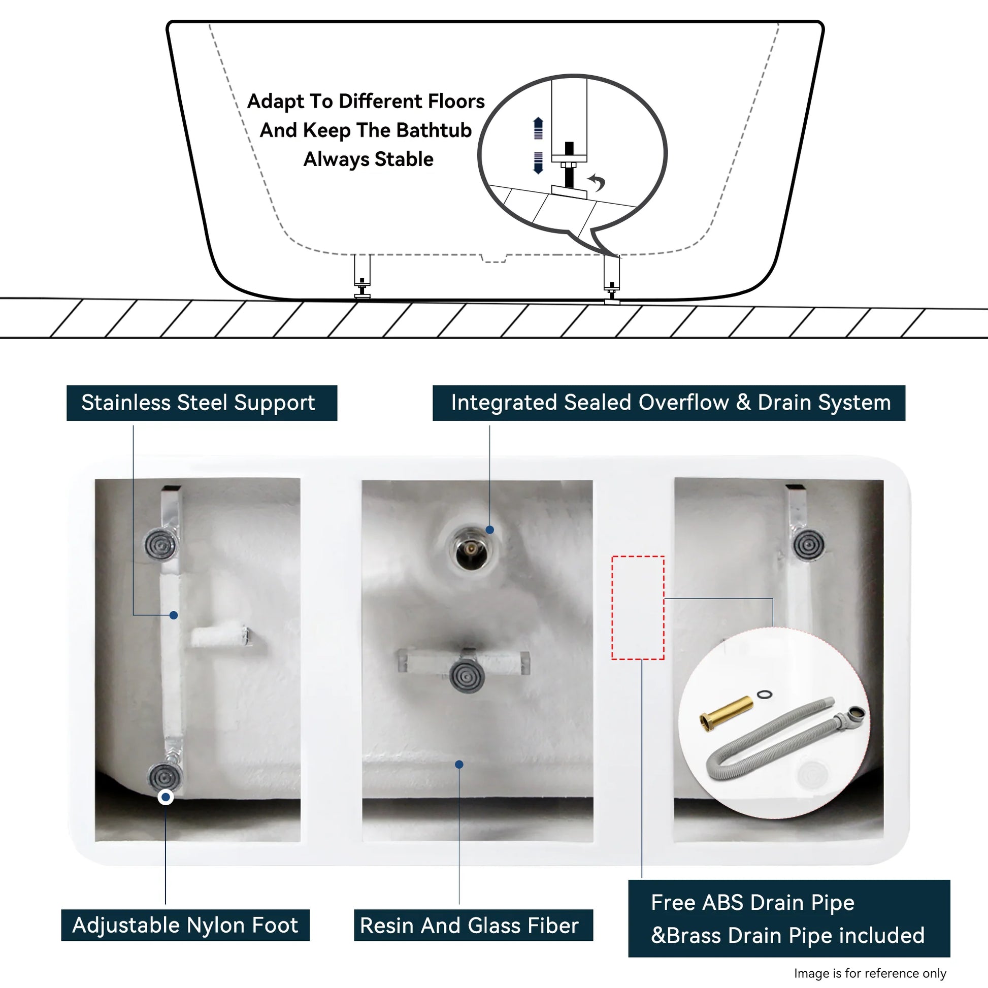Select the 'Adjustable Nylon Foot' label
tap(185, 925)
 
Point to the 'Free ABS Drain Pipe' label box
tap(788, 918)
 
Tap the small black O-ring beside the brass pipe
tap(765, 695)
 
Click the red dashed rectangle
tap(638, 608)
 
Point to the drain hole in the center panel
tap(471, 550)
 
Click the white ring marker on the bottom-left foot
tap(166, 797)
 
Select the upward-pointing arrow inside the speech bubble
tap(538, 127)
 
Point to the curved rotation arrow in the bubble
tap(597, 182)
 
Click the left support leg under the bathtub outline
tap(362, 276)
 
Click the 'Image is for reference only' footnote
tap(870, 973)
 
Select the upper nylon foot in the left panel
tap(160, 545)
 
